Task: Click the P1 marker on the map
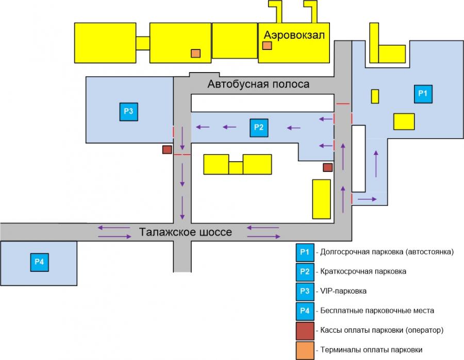pyautogui.click(x=423, y=94)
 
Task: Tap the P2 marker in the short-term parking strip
pyautogui.click(x=259, y=128)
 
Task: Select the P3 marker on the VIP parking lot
pyautogui.click(x=129, y=112)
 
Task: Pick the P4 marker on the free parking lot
pyautogui.click(x=39, y=262)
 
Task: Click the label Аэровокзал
pyautogui.click(x=294, y=35)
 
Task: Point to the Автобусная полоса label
pyautogui.click(x=258, y=84)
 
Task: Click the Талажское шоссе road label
pyautogui.click(x=185, y=232)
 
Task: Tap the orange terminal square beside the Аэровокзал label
pyautogui.click(x=267, y=45)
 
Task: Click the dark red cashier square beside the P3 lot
pyautogui.click(x=167, y=149)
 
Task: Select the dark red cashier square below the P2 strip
pyautogui.click(x=327, y=167)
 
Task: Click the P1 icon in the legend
pyautogui.click(x=305, y=252)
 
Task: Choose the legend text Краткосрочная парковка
pyautogui.click(x=363, y=271)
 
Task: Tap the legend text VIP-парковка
pyautogui.click(x=343, y=291)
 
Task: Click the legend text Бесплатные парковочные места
pyautogui.click(x=377, y=311)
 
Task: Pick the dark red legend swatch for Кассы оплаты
pyautogui.click(x=305, y=331)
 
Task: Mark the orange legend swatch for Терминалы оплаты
pyautogui.click(x=305, y=351)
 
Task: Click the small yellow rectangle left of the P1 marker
pyautogui.click(x=375, y=96)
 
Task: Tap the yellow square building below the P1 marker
pyautogui.click(x=404, y=122)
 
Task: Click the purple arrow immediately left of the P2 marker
pyautogui.click(x=229, y=127)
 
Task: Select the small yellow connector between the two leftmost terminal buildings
pyautogui.click(x=143, y=43)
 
